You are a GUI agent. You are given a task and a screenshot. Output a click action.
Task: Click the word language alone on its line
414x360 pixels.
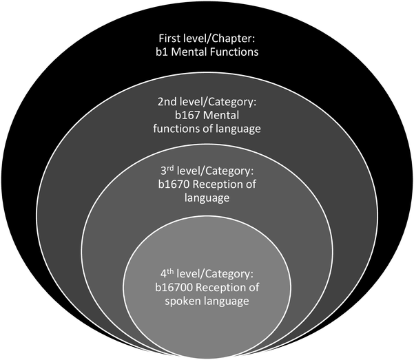207,198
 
